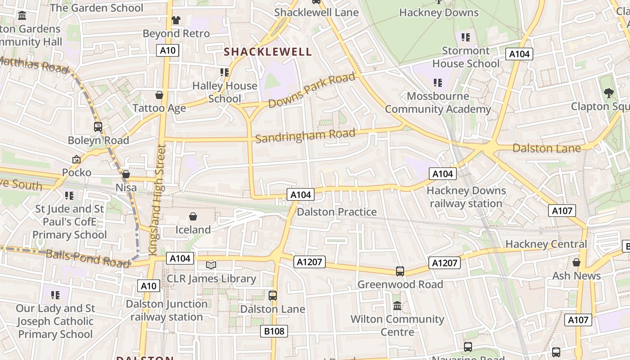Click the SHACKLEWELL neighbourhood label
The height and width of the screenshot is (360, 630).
tap(268, 52)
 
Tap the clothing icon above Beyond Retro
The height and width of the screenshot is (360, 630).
tap(175, 20)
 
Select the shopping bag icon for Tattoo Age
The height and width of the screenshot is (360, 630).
tap(159, 95)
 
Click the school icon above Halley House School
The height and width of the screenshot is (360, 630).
tap(224, 72)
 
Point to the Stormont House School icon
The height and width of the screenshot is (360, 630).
tap(465, 37)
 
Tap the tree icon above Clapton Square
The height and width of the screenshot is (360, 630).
tap(608, 93)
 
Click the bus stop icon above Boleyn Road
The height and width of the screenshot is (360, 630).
tap(98, 127)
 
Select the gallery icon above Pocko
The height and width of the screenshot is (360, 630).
tap(76, 159)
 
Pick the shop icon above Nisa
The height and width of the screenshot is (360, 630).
tap(126, 174)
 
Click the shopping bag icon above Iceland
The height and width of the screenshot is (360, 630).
tap(193, 217)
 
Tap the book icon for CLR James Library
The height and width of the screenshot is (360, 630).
tap(211, 265)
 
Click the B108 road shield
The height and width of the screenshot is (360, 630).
tap(274, 332)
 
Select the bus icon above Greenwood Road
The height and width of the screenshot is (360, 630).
tap(400, 271)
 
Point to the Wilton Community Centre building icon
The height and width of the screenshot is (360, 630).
tap(397, 306)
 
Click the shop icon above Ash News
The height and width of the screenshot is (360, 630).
tap(576, 262)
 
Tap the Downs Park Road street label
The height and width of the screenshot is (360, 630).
tap(311, 90)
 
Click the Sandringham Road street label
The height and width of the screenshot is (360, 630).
tap(306, 135)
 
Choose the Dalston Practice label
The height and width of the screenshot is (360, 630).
tap(337, 212)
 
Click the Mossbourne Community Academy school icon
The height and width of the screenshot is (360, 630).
tap(437, 82)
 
